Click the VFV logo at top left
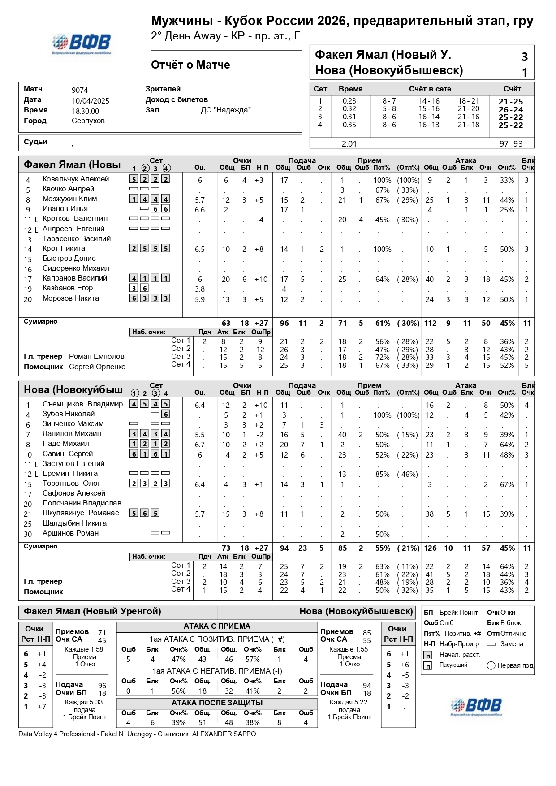pyautogui.click(x=81, y=44)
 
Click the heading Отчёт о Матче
pyautogui.click(x=190, y=65)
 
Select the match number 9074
pyautogui.click(x=80, y=90)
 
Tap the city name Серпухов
pyautogui.click(x=88, y=121)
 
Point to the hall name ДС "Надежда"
pyautogui.click(x=225, y=110)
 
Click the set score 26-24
pyautogui.click(x=510, y=110)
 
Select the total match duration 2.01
pyautogui.click(x=349, y=144)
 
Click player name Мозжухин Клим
pyautogui.click(x=69, y=199)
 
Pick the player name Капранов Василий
pyautogui.click(x=75, y=278)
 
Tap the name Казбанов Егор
pyautogui.click(x=68, y=288)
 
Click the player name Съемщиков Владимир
pyautogui.click(x=82, y=404)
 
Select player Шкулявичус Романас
pyautogui.click(x=81, y=513)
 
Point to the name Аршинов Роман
pyautogui.click(x=70, y=533)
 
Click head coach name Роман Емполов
pyautogui.click(x=96, y=357)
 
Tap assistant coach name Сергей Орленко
pyautogui.click(x=97, y=367)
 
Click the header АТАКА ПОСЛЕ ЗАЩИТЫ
pyautogui.click(x=217, y=703)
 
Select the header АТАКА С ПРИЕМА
pyautogui.click(x=217, y=626)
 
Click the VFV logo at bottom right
pyautogui.click(x=476, y=707)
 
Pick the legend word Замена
pyautogui.click(x=511, y=644)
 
